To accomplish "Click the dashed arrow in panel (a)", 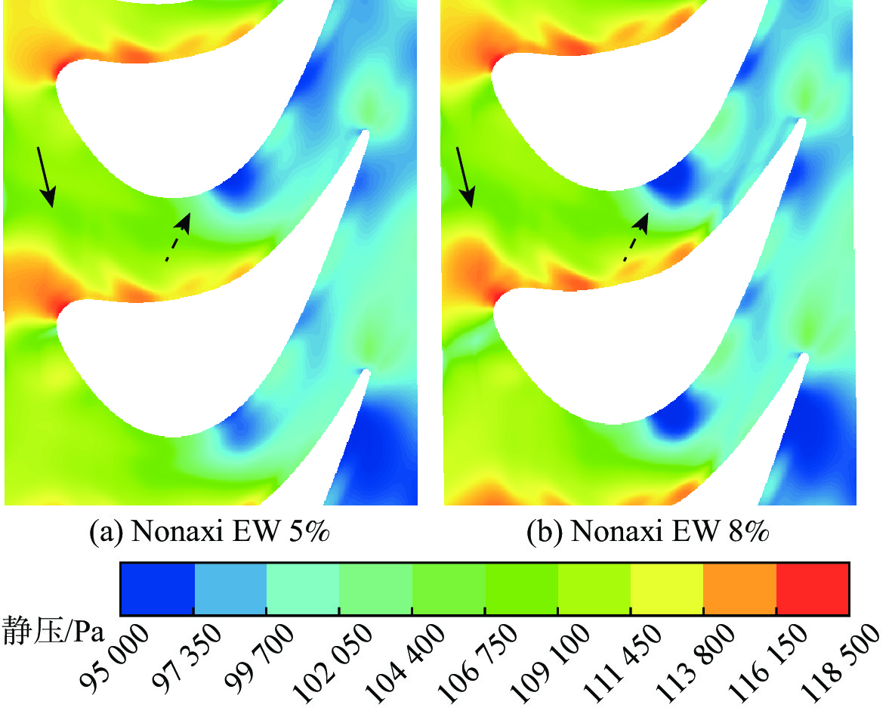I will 177,236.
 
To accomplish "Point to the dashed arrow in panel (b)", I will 636,236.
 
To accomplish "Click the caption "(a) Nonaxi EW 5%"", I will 211,532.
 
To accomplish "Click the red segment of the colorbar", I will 814,589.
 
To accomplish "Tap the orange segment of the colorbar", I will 740,589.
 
